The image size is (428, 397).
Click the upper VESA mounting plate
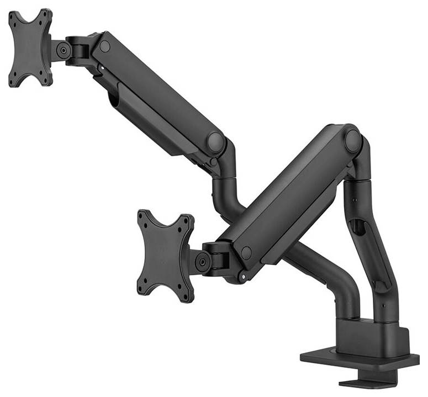30,48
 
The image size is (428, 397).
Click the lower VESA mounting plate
165,255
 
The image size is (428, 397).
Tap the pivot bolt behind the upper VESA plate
64,50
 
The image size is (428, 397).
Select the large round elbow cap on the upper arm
215,142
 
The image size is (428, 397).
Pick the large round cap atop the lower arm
352,140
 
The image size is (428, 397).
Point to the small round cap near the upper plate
105,46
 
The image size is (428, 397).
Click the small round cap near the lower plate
246,252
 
